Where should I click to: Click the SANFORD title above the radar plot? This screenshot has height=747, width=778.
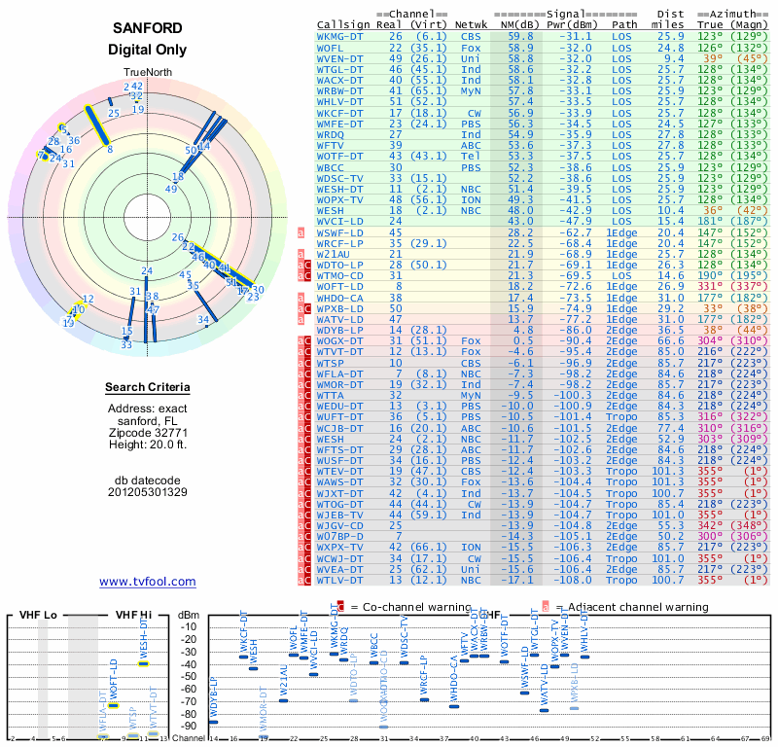(148, 28)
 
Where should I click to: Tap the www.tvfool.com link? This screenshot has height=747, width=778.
(148, 582)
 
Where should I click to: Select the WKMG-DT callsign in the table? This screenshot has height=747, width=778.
(342, 36)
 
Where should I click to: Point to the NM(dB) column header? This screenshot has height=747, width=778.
(513, 23)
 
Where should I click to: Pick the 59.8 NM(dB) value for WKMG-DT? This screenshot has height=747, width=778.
(519, 36)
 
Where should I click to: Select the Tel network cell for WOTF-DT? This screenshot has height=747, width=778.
(471, 156)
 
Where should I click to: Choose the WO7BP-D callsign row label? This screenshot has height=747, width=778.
(340, 536)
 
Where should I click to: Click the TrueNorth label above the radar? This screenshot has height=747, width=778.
(147, 74)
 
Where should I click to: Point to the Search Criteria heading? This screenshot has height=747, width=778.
(148, 387)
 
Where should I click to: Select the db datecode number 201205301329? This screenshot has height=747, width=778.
(148, 492)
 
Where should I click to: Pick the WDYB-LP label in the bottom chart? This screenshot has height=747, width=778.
(214, 698)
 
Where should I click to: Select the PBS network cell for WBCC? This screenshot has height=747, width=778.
(471, 167)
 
